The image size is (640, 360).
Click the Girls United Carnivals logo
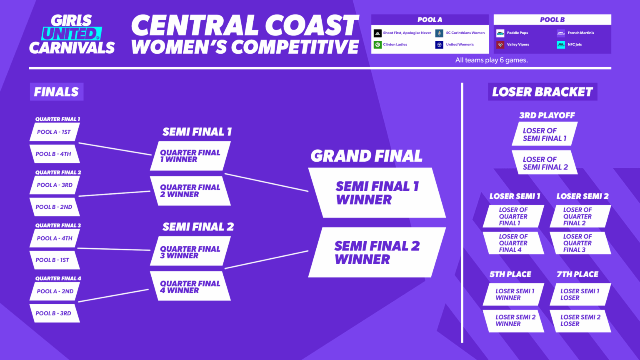pyautogui.click(x=72, y=35)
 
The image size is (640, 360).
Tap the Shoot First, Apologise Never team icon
pyautogui.click(x=377, y=33)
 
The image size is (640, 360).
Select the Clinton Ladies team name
pyautogui.click(x=395, y=45)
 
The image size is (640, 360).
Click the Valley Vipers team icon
pyautogui.click(x=500, y=45)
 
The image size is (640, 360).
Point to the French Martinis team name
pyautogui.click(x=581, y=33)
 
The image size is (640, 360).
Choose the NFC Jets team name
pyautogui.click(x=575, y=45)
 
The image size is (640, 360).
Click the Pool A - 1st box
pyautogui.click(x=54, y=132)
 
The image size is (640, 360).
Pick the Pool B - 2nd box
pyautogui.click(x=54, y=207)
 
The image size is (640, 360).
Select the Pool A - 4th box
pyautogui.click(x=54, y=238)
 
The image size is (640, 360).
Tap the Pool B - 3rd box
pyautogui.click(x=54, y=313)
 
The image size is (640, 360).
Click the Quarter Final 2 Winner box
pyautogui.click(x=190, y=191)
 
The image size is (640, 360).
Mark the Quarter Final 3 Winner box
pyautogui.click(x=190, y=252)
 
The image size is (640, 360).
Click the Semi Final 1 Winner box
pyautogui.click(x=377, y=193)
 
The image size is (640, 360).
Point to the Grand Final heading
pyautogui.click(x=366, y=156)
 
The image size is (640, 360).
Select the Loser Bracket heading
pyautogui.click(x=542, y=92)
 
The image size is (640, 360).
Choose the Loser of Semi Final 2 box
pyautogui.click(x=545, y=163)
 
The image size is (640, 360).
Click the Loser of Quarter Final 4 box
pyautogui.click(x=513, y=243)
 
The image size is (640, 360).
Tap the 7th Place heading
pyautogui.click(x=577, y=274)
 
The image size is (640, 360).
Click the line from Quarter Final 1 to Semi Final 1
pyautogui.click(x=115, y=149)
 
